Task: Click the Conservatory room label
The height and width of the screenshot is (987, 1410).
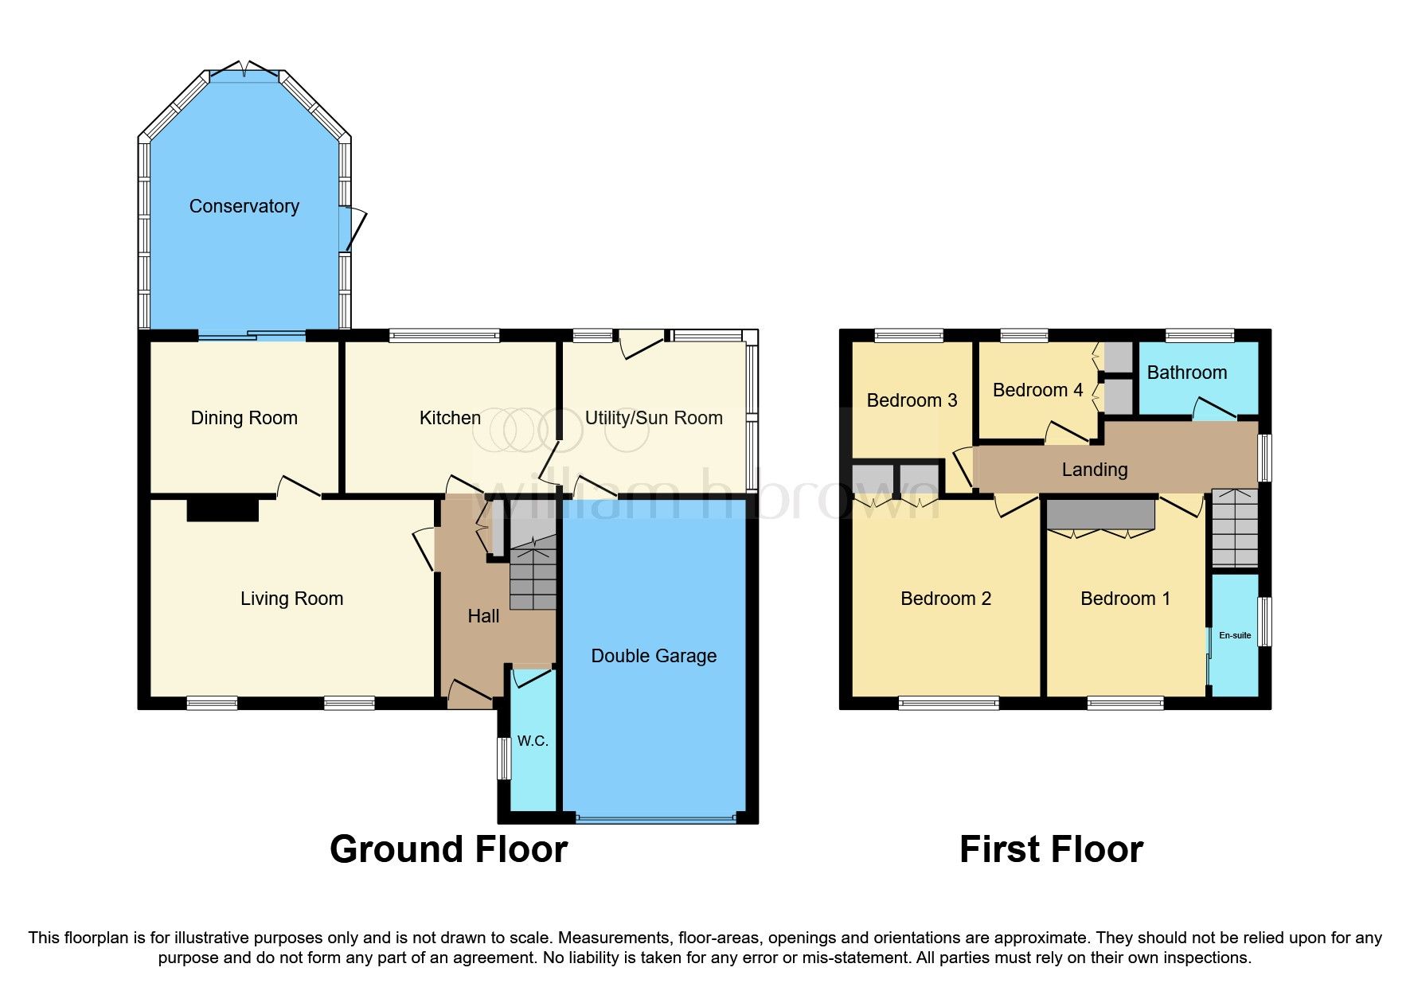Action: tap(244, 206)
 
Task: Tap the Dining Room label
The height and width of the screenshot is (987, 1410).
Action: tap(244, 418)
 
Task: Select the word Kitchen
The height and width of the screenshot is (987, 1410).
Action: tap(450, 418)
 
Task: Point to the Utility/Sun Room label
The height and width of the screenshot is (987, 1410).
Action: tap(654, 418)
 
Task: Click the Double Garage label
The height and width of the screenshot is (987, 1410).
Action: tap(654, 656)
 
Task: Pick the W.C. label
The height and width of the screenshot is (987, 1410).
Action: tap(533, 741)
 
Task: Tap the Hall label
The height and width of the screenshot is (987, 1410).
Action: tap(483, 616)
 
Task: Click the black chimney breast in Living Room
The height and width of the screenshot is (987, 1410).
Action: tap(223, 509)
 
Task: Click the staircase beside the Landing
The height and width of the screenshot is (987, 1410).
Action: tap(1235, 529)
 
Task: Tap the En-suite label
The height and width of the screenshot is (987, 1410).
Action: tap(1235, 635)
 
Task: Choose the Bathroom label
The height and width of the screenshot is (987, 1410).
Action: tap(1186, 373)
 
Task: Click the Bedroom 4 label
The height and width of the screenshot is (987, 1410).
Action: tap(1037, 390)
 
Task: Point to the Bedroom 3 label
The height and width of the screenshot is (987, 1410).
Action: tap(912, 400)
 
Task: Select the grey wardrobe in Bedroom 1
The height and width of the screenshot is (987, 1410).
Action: tap(1100, 515)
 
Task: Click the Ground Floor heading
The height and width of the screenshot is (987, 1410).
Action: tap(448, 849)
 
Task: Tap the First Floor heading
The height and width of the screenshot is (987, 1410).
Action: tap(1051, 849)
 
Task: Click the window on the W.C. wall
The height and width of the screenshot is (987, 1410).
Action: tap(503, 759)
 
